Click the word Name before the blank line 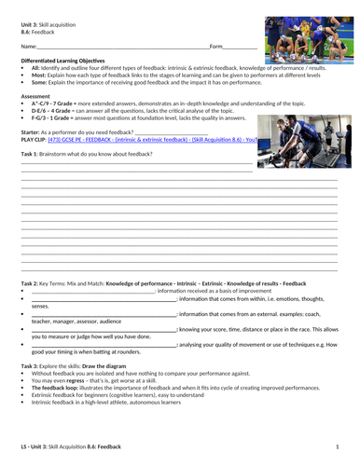pyautogui.click(x=28, y=46)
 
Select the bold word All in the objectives pyautogui.click(x=35, y=67)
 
